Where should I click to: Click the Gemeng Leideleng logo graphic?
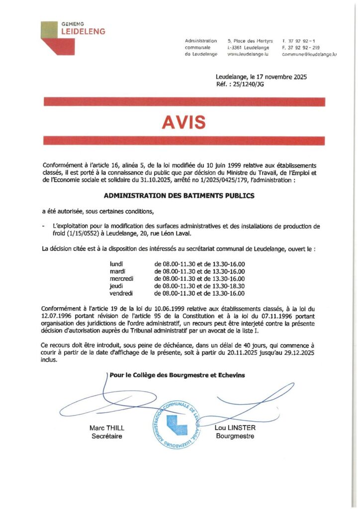coord(58,37)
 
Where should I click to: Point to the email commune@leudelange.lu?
coord(309,54)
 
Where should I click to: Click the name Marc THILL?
coord(107,428)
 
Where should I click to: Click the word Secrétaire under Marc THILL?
coord(107,436)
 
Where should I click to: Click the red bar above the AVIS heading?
coord(184,102)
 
